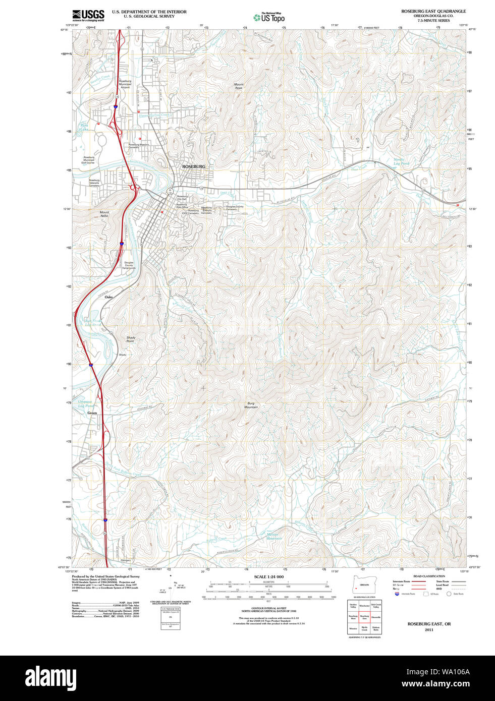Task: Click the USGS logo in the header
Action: (88, 15)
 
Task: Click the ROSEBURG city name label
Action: (194, 166)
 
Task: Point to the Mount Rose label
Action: (239, 86)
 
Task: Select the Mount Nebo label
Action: (104, 214)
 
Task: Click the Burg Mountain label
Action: (251, 405)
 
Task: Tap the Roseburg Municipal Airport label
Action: (125, 84)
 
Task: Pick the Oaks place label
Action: (108, 297)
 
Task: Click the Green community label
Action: (92, 413)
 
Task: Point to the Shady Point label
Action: (131, 339)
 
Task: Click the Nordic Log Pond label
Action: (402, 162)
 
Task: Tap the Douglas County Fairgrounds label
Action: (129, 265)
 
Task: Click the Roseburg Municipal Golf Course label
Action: (89, 160)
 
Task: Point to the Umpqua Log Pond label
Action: (85, 403)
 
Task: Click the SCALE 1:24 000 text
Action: (268, 576)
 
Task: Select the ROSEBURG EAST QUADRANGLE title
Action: (433, 11)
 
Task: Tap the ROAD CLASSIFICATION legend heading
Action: (429, 576)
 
